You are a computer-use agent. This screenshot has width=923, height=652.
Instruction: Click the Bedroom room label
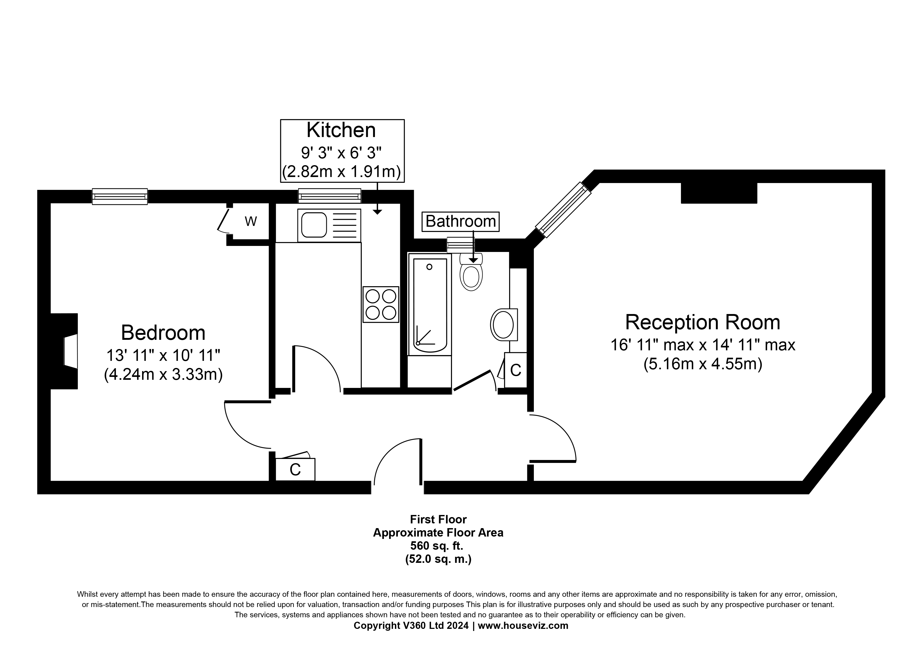click(x=163, y=333)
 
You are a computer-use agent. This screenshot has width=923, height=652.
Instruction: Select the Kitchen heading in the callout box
click(x=341, y=130)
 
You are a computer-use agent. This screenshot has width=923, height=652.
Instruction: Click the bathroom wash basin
click(x=504, y=325)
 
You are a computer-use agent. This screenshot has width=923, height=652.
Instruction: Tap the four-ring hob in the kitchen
click(x=381, y=305)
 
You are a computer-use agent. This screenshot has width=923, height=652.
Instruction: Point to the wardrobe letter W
click(x=251, y=221)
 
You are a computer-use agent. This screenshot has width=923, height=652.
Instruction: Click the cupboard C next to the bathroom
click(x=515, y=370)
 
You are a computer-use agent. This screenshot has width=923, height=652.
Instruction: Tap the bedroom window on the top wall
click(x=120, y=196)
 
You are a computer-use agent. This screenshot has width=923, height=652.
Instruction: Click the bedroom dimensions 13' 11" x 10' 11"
click(x=163, y=356)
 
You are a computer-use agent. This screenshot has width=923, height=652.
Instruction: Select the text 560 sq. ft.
click(x=438, y=545)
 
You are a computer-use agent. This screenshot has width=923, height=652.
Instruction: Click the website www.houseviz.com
click(x=523, y=625)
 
